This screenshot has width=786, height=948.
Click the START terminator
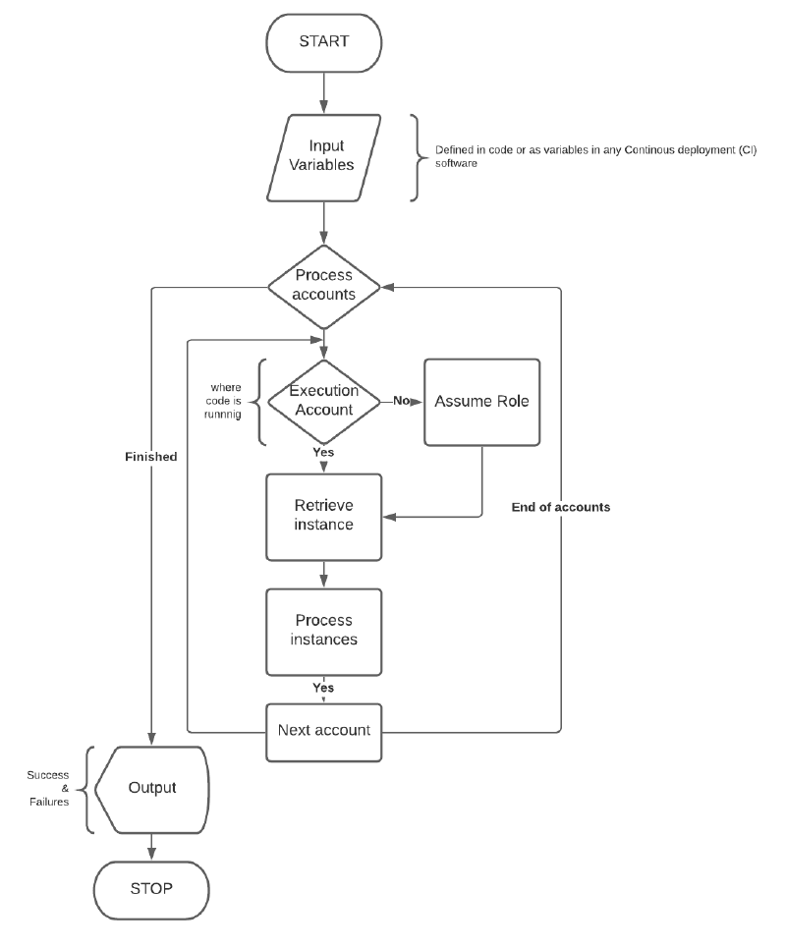point(323,43)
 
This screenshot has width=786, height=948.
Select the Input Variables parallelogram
point(323,158)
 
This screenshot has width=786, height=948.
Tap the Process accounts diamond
point(323,287)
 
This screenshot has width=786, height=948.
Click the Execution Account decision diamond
point(323,402)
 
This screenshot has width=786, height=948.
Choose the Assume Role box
point(481,402)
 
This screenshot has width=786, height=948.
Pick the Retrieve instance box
point(323,517)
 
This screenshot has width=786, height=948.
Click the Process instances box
point(323,632)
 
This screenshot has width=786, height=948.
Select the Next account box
point(323,732)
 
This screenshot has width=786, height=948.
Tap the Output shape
point(151,790)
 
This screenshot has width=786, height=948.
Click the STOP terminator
point(151,890)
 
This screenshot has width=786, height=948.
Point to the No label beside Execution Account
point(401,400)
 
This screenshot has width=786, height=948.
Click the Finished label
point(151,457)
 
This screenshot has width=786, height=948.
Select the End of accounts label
point(560,507)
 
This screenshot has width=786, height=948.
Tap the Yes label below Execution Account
point(323,452)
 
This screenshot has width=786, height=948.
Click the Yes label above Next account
point(323,688)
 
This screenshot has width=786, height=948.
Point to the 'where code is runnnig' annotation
point(223,400)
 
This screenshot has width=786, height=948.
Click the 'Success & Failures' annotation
point(48,789)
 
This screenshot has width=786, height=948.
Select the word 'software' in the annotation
point(456,163)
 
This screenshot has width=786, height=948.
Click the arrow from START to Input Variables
point(323,93)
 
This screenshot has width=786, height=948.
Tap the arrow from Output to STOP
point(151,847)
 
